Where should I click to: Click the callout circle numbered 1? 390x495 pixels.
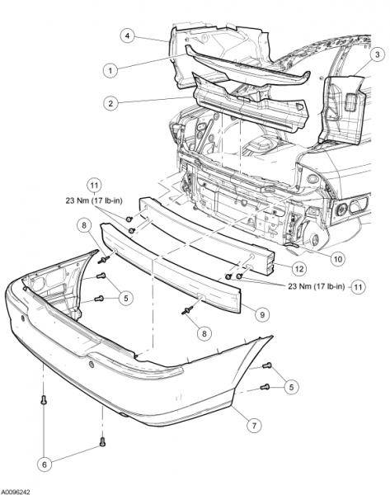click(x=110, y=70)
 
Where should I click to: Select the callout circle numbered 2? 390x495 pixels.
click(x=110, y=103)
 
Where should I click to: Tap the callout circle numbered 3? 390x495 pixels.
click(x=378, y=54)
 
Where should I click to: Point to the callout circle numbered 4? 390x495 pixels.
click(x=128, y=35)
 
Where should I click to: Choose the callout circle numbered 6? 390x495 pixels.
click(x=45, y=464)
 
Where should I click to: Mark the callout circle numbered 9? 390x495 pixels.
click(x=262, y=314)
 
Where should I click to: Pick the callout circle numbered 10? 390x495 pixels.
click(x=337, y=259)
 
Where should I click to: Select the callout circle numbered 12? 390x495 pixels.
click(x=299, y=269)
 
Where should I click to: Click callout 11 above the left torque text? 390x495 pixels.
click(x=94, y=186)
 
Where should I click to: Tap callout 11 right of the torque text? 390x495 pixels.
click(x=358, y=287)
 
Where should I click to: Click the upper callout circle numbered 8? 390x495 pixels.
click(x=84, y=225)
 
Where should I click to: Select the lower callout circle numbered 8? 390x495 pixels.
click(x=204, y=333)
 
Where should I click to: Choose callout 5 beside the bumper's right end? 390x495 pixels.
click(x=291, y=387)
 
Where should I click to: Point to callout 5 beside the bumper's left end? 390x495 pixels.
click(x=126, y=298)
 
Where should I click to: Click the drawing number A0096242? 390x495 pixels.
click(x=15, y=492)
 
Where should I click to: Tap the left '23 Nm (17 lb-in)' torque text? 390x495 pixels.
click(x=94, y=200)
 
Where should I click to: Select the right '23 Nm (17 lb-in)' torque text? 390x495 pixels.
click(x=317, y=286)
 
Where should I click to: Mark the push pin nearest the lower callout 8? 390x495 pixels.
click(x=187, y=311)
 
